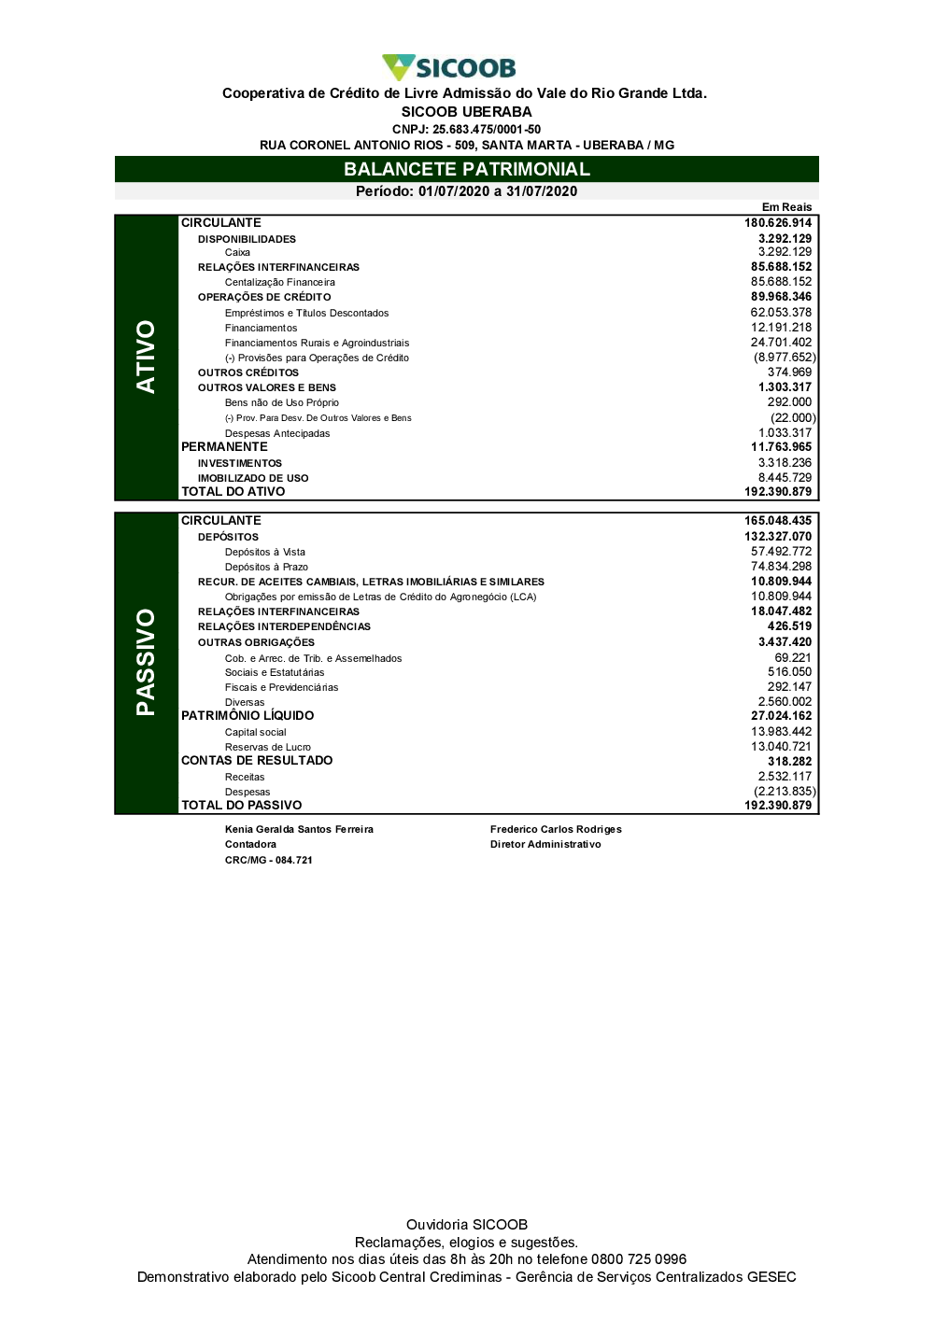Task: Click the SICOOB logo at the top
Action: click(x=449, y=67)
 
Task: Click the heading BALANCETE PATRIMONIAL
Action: click(x=467, y=169)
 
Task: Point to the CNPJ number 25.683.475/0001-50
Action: click(x=487, y=130)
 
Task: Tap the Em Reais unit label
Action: click(x=786, y=207)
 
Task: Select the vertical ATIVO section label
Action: click(x=146, y=357)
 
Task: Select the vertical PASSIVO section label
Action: click(x=146, y=662)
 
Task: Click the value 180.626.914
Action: click(x=778, y=223)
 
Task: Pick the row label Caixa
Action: click(x=237, y=252)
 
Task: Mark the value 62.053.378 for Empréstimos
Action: click(x=781, y=313)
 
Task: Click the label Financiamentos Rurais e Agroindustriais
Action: click(x=317, y=343)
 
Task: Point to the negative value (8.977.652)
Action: click(x=785, y=358)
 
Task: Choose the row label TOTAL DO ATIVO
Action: click(x=233, y=492)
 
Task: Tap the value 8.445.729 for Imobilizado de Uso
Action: click(x=785, y=478)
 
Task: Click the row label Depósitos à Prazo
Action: click(x=266, y=567)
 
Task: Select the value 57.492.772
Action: click(x=781, y=552)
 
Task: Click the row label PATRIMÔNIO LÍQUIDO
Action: click(x=248, y=716)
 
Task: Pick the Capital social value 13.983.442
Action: click(x=781, y=732)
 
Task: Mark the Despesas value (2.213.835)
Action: click(x=785, y=792)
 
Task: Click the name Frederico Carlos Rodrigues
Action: click(x=556, y=829)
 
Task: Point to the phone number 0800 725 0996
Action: click(x=639, y=1259)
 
